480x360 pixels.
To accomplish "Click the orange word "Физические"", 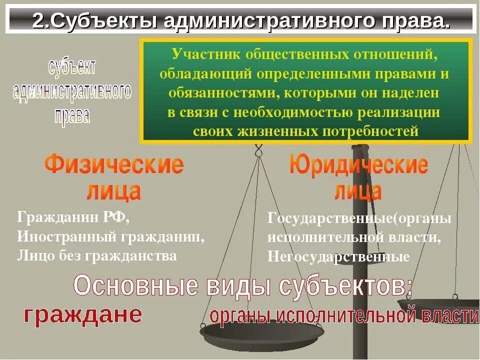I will pos(114,164).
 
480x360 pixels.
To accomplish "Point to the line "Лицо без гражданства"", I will pos(97,255).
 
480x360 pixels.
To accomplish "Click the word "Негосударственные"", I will pos(338,257).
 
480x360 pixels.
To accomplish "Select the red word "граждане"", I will pos(83,314).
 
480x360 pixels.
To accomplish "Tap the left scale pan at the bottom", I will pos(255,334).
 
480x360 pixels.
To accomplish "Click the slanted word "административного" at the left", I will pos(71,91).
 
